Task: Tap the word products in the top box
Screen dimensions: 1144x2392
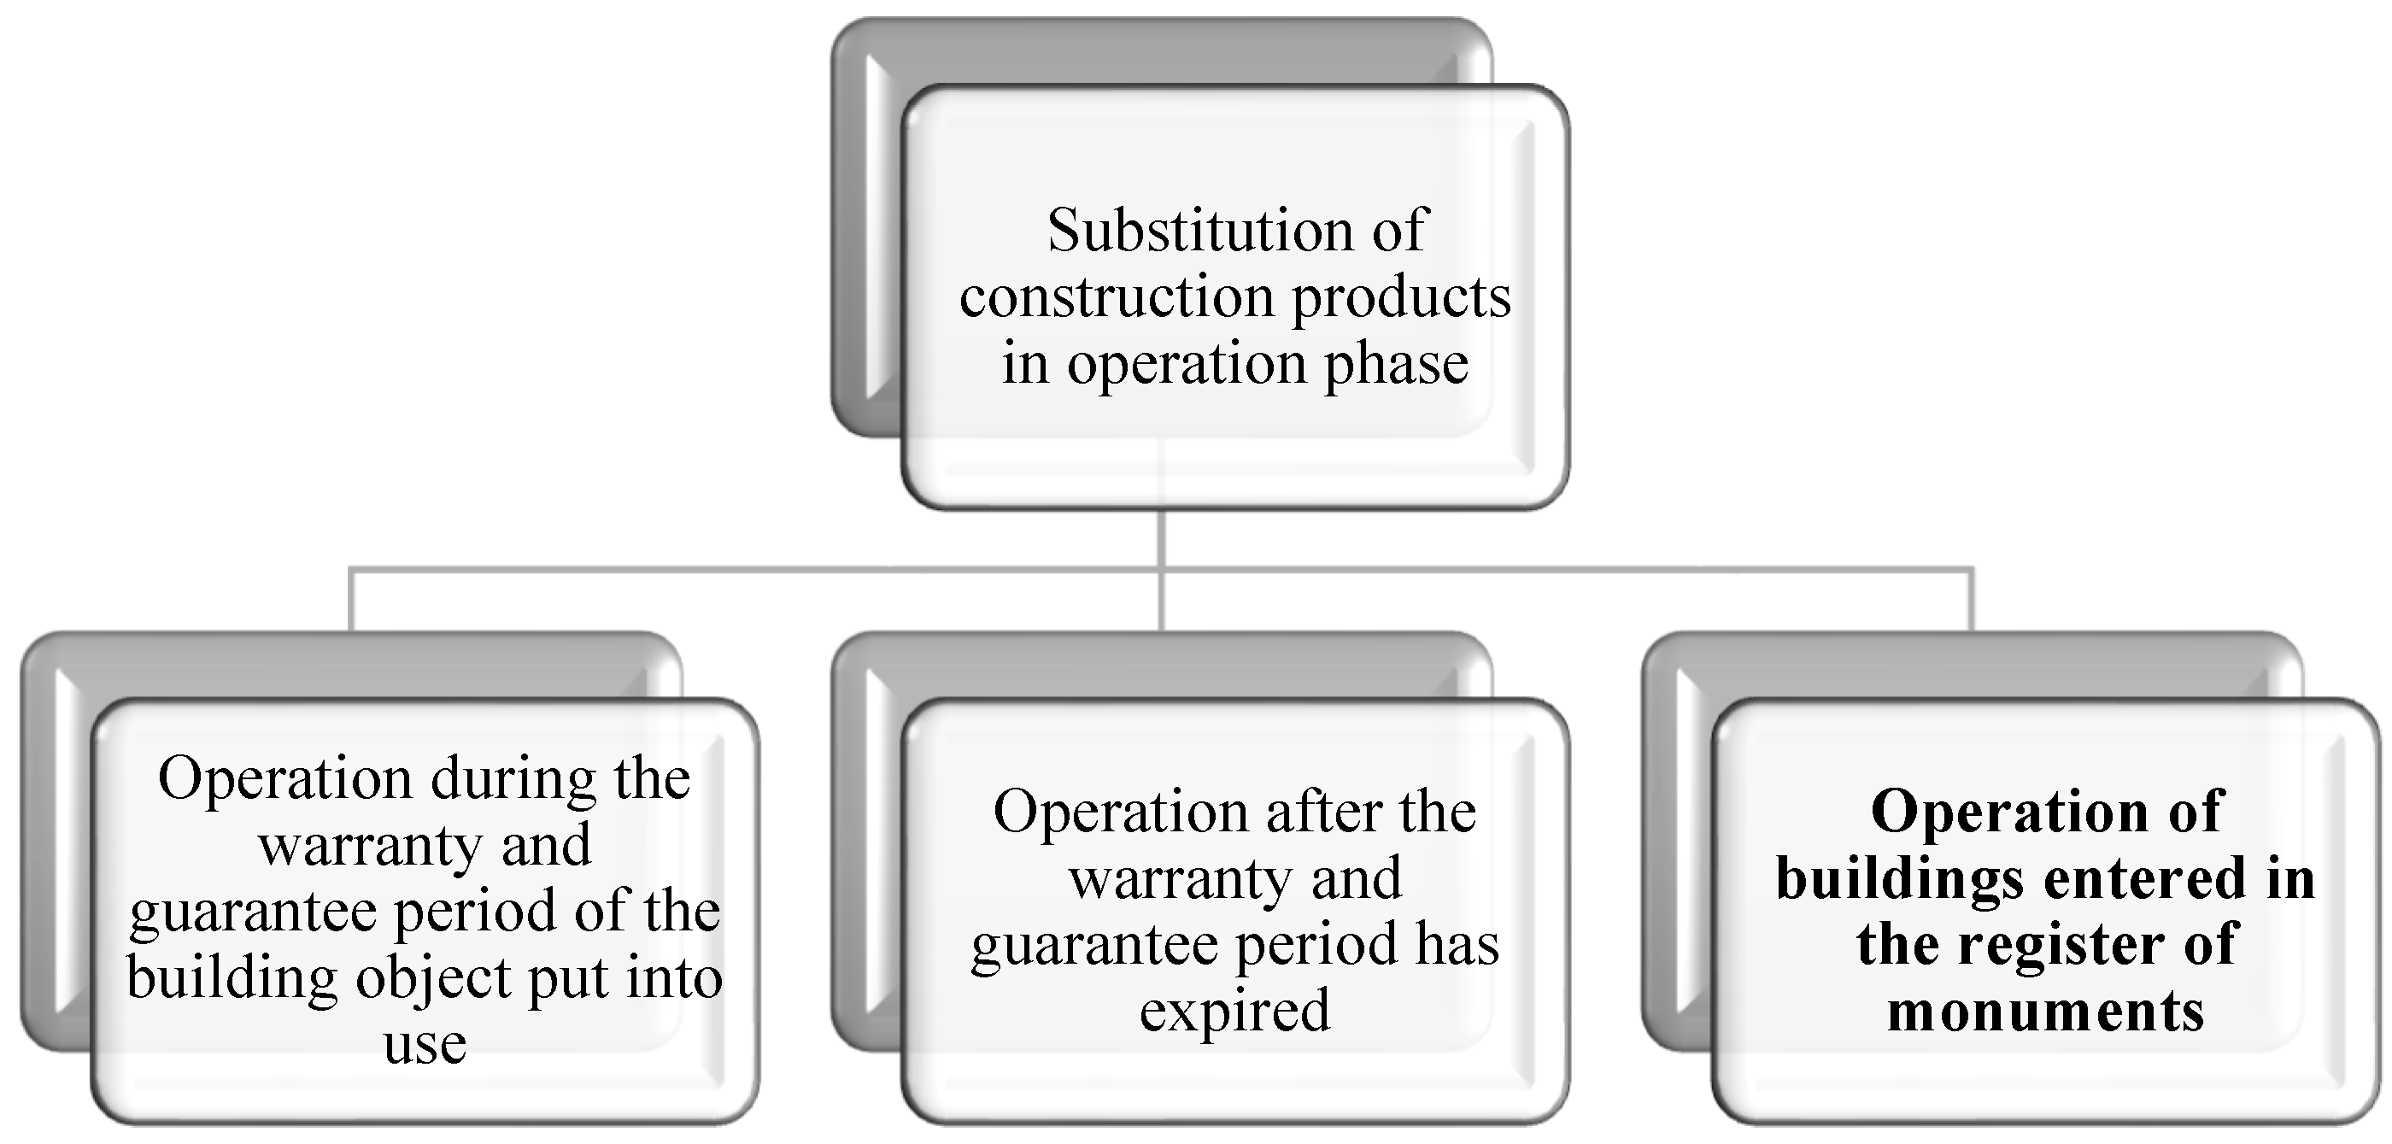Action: pos(1401,299)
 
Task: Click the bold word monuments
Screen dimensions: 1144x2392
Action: pos(2046,1012)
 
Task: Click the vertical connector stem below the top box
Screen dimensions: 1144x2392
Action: pos(1162,538)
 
